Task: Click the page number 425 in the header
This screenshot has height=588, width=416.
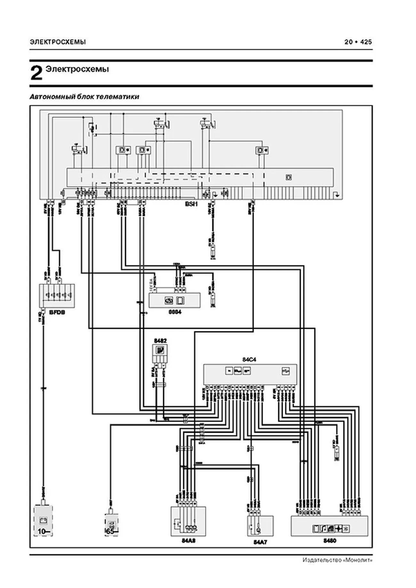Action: (366, 42)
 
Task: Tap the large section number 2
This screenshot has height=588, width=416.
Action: (36, 73)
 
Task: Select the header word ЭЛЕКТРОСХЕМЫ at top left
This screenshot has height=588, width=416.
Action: (58, 42)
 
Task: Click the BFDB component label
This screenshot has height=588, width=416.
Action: (57, 312)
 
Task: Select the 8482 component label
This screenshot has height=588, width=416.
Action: (160, 341)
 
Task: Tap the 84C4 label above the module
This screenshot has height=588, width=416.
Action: (249, 360)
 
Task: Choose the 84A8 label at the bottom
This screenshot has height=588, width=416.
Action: (188, 541)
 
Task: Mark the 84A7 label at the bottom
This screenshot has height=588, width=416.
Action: (260, 542)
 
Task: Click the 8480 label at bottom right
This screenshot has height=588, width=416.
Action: (330, 541)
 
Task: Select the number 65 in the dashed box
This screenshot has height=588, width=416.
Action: (110, 531)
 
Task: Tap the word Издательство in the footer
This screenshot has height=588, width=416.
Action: (323, 560)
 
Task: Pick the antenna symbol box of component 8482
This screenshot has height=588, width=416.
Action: (160, 350)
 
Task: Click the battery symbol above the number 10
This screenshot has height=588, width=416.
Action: (43, 521)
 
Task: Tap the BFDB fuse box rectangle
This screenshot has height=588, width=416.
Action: (57, 295)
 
